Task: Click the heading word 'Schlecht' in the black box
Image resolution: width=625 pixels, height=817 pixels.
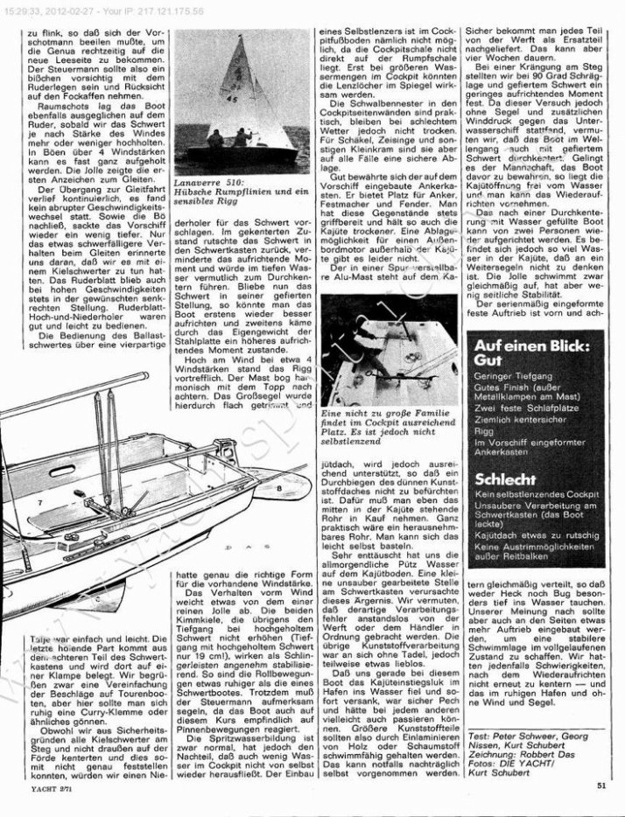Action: [x=502, y=479]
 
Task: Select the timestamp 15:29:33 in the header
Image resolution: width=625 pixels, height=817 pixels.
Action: [x=29, y=8]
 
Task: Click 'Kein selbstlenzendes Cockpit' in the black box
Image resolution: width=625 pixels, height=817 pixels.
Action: [x=534, y=495]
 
